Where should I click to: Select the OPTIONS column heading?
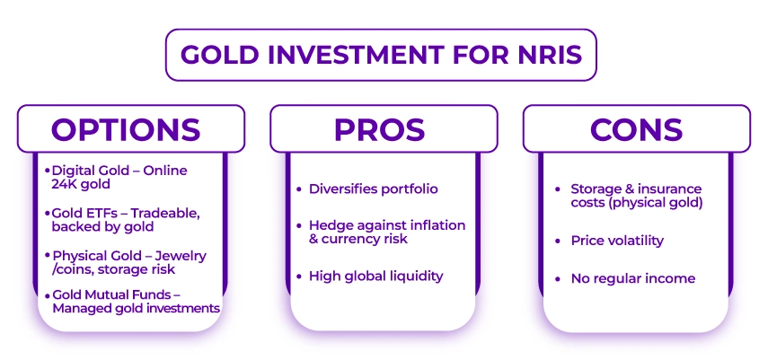point(126,129)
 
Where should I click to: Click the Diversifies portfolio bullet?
point(373,189)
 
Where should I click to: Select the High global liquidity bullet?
point(375,276)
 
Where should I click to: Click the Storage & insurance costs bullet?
point(636,196)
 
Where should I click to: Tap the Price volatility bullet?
point(617,241)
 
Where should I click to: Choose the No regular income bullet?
point(632,278)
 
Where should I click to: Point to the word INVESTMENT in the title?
point(369,55)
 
